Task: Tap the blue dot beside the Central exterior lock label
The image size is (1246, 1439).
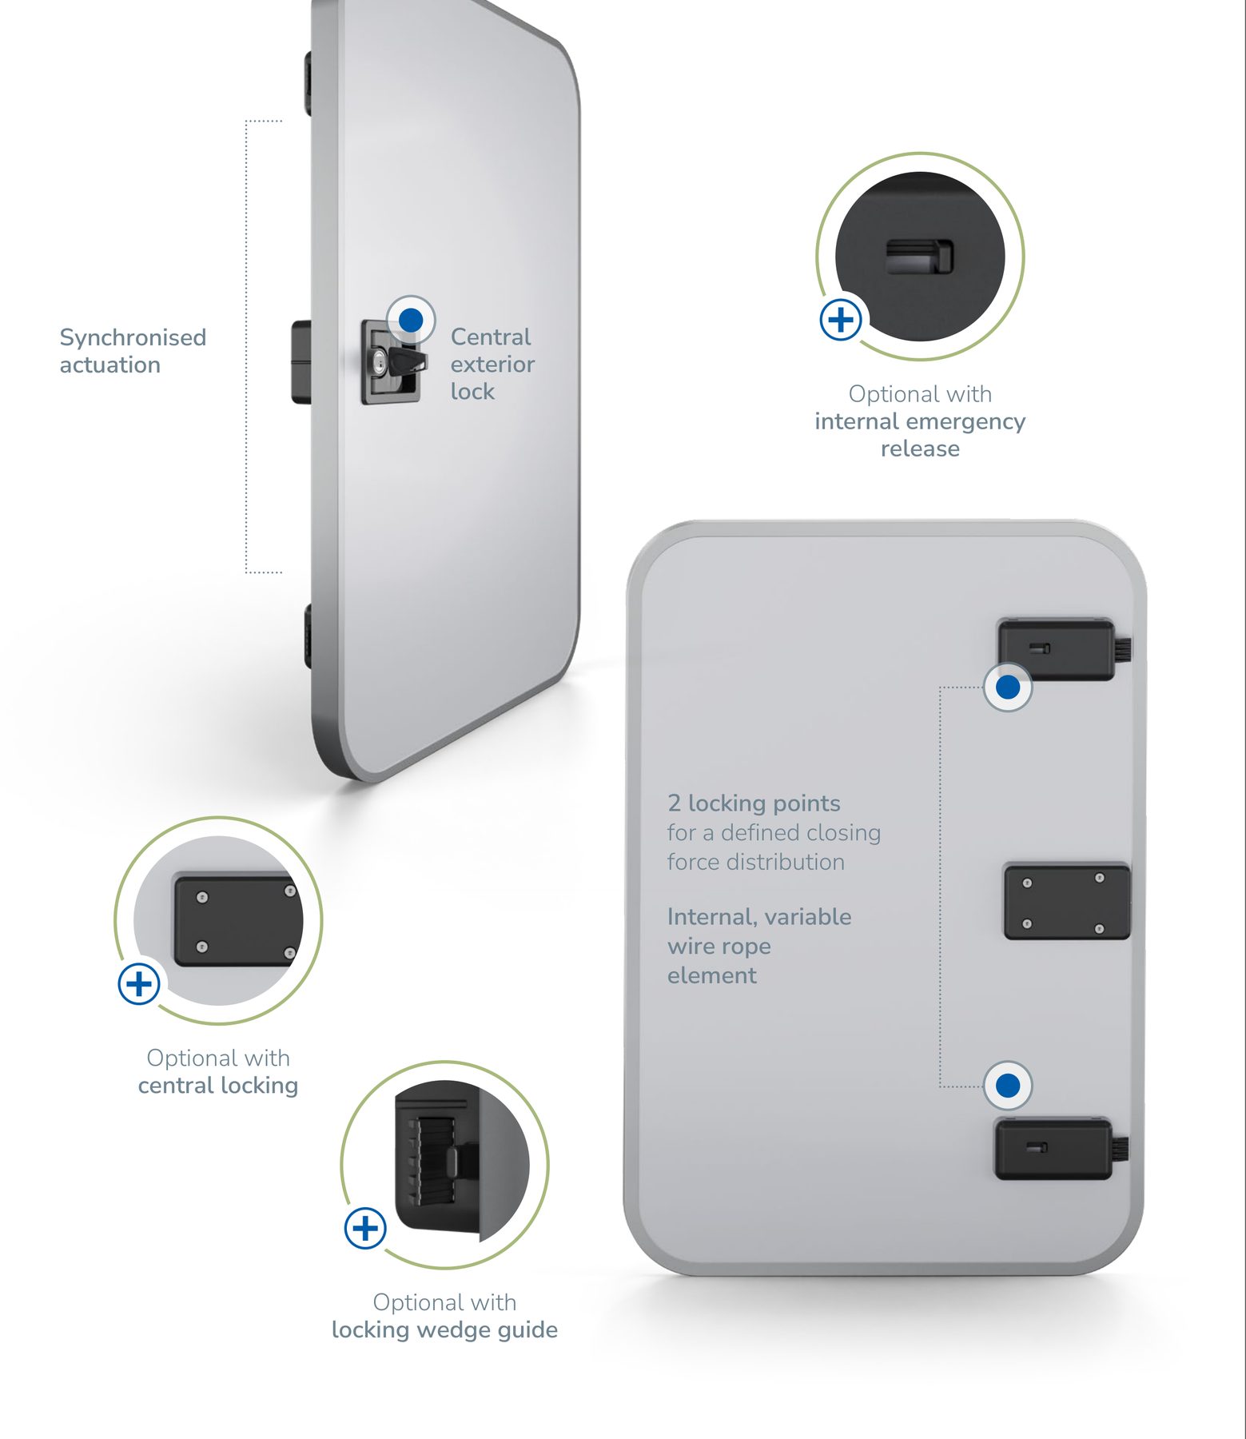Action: (411, 320)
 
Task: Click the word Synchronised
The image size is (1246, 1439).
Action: (133, 338)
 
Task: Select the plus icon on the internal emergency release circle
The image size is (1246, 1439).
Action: (841, 320)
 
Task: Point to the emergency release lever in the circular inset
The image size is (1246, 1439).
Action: (919, 256)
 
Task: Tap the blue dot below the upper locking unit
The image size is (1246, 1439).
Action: (1008, 687)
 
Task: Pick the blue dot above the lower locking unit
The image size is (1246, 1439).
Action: (1008, 1086)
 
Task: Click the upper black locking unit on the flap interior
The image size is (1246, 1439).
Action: (1057, 649)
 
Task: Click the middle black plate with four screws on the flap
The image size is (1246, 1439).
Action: (1067, 901)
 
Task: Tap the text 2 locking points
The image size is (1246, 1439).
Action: (754, 803)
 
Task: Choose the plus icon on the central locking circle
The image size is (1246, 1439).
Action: (139, 983)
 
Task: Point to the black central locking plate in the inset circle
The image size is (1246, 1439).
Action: (238, 920)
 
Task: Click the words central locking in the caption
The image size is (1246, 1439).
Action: (218, 1086)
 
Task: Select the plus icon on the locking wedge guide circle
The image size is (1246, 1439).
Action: (365, 1228)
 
